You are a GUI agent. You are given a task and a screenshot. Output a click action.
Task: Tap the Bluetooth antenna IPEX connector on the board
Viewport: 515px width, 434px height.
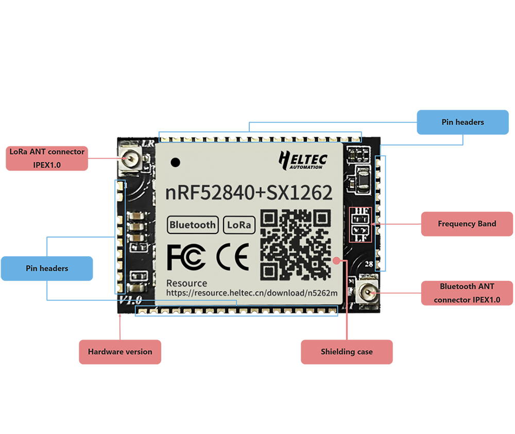(368, 292)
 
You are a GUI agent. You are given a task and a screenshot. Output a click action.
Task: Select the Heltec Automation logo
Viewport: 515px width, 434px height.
(302, 160)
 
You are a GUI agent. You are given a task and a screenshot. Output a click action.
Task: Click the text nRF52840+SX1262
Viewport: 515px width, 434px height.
(249, 193)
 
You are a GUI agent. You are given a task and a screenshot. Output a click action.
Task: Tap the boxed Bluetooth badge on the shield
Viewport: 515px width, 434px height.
(193, 225)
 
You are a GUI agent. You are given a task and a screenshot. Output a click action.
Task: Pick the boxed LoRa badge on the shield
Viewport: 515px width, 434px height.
(239, 225)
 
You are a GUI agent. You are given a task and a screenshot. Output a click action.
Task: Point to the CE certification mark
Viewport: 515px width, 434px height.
(232, 257)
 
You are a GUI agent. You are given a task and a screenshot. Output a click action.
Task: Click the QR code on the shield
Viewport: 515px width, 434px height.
(295, 244)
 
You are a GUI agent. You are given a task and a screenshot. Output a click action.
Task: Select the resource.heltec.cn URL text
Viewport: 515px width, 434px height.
(252, 293)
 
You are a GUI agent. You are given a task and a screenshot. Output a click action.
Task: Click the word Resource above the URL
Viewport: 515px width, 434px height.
(186, 283)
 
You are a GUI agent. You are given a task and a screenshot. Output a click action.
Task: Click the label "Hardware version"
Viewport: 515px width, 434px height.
(120, 352)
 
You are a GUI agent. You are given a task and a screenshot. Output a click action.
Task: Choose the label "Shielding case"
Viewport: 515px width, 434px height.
(347, 352)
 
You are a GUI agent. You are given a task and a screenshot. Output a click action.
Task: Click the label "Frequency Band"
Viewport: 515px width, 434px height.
(467, 224)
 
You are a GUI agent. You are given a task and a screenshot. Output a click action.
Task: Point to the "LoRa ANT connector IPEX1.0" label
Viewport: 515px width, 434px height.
(47, 157)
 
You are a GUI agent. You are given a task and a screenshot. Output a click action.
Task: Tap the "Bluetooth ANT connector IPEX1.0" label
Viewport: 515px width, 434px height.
(467, 293)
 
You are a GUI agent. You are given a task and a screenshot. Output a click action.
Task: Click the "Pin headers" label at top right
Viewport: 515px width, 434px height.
(462, 122)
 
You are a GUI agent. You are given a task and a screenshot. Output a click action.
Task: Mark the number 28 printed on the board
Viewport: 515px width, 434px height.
(369, 264)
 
